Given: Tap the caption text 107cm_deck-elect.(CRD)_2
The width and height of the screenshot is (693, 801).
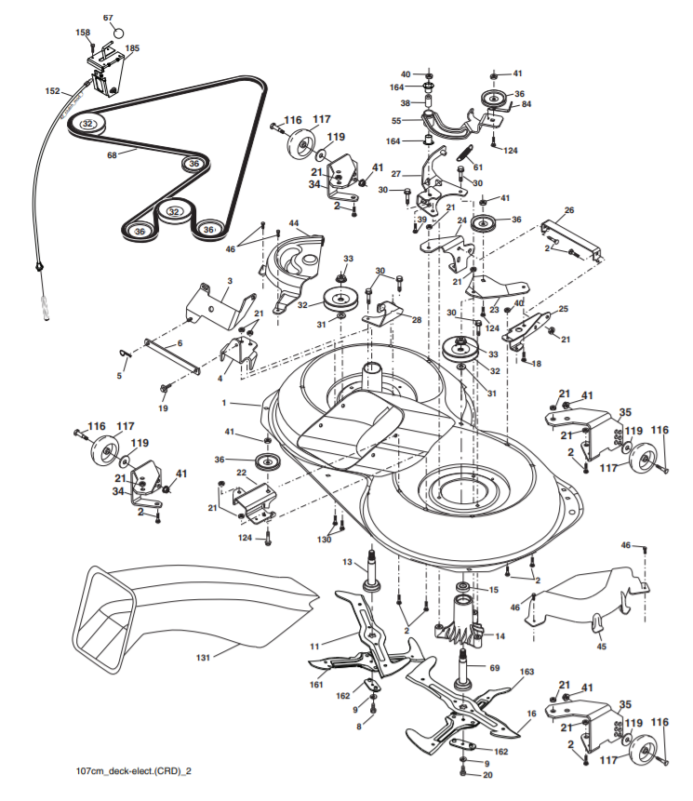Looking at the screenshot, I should point(136,771).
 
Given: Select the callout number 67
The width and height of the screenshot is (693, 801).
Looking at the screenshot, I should point(108,18).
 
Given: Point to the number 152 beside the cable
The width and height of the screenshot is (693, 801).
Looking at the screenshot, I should point(52,91).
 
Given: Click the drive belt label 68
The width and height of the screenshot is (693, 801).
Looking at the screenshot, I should point(113,154).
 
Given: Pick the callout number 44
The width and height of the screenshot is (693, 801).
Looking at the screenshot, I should point(293,223).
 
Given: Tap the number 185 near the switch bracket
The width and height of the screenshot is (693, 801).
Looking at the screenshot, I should point(132,47).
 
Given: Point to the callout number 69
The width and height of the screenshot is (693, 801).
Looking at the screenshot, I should point(495,668).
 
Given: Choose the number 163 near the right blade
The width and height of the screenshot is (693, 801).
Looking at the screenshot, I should point(526,672).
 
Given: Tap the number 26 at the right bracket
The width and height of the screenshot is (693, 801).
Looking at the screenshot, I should point(569,209).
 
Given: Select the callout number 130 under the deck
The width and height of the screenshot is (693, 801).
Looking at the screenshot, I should point(324,540).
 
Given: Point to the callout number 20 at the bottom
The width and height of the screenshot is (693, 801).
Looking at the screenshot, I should point(487,774).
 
